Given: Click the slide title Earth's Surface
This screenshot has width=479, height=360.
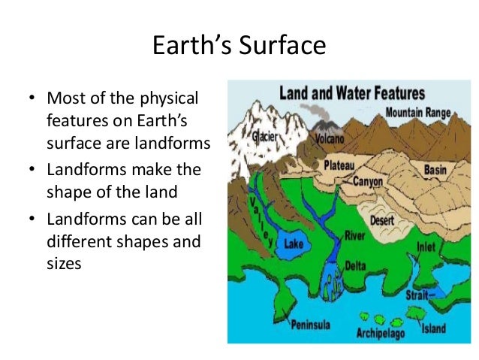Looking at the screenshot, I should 239,47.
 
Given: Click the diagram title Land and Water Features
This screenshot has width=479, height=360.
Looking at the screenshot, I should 351,95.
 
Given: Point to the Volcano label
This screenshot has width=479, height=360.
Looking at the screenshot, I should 329,138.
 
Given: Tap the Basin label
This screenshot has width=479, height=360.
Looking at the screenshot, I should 435,170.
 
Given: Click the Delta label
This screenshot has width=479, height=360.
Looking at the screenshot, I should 354,266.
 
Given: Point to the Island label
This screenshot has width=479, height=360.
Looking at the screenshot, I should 433,328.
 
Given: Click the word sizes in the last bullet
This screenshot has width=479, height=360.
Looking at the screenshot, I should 64,264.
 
